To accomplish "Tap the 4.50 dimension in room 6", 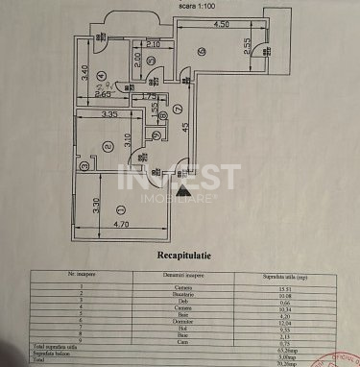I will tap(221, 24).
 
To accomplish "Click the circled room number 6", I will tap(201, 51).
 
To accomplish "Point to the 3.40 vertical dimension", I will tap(84, 70).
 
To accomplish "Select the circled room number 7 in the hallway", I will tap(177, 108).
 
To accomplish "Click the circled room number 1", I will tap(118, 208).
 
